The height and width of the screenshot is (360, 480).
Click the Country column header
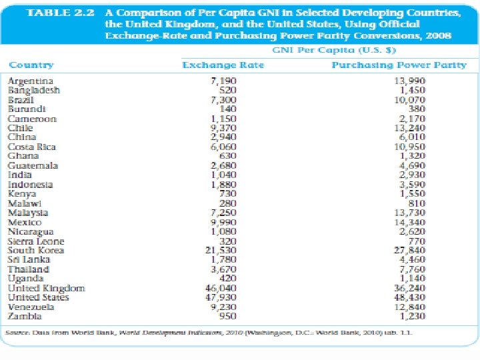31,65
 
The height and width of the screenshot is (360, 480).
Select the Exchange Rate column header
223,65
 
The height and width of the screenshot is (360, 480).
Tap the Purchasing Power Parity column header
399,65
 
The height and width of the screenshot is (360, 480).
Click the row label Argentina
31,81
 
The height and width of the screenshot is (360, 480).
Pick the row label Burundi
27,109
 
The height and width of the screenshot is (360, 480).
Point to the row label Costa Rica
32,147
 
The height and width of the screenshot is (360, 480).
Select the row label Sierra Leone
36,241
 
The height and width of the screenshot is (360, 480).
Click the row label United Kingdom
46,288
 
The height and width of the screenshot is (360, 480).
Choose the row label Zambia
25,316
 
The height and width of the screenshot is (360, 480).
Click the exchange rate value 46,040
223,288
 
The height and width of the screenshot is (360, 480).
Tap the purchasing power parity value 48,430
409,297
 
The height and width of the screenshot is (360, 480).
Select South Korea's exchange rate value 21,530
223,250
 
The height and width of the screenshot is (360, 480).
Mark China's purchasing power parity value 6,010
412,137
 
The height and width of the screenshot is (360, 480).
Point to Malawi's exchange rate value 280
228,203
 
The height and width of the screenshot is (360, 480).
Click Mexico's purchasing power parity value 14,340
409,222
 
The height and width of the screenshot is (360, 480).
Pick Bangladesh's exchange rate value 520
228,90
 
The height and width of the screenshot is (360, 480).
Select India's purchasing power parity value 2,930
412,175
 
